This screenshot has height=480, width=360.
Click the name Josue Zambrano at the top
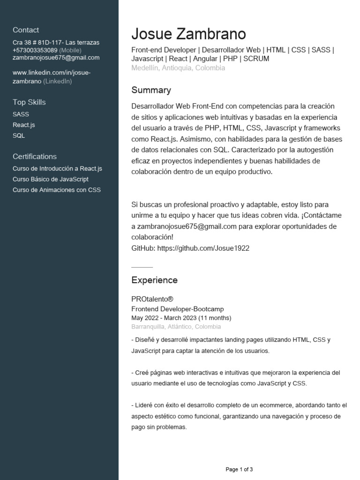tap(188, 34)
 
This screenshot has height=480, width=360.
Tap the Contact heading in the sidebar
tap(26, 30)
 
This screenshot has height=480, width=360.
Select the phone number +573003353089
tap(35, 50)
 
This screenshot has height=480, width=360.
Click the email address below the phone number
tap(56, 58)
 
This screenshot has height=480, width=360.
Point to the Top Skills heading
tap(29, 102)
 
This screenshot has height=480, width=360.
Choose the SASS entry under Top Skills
tap(21, 114)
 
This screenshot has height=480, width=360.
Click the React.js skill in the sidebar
tap(24, 125)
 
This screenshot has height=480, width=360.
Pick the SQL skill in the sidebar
tap(19, 135)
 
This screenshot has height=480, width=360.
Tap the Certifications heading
tap(35, 157)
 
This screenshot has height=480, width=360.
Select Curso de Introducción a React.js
tap(57, 168)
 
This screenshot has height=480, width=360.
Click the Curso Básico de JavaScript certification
tap(51, 179)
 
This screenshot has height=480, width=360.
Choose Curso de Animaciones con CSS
tap(57, 190)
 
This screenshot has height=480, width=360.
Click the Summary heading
tap(151, 90)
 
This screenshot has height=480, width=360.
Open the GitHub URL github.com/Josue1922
tap(203, 248)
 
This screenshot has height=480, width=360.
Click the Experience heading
tap(154, 280)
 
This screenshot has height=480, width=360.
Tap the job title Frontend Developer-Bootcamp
tap(178, 309)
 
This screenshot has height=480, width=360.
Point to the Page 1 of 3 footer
tap(239, 469)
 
